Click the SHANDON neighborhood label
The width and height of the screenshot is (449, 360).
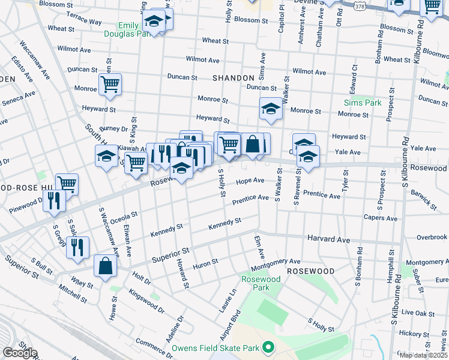[x=234, y=78]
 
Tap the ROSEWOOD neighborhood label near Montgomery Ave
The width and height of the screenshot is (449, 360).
[x=310, y=271]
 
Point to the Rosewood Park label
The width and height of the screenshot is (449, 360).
[x=261, y=283]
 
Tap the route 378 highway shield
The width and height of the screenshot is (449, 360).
[x=360, y=6]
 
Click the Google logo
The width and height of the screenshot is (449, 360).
[x=19, y=353]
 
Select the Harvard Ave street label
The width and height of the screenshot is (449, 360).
[x=328, y=239]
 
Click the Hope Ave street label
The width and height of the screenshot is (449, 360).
[x=250, y=181]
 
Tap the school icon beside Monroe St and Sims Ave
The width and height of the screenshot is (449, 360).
[x=271, y=109]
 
